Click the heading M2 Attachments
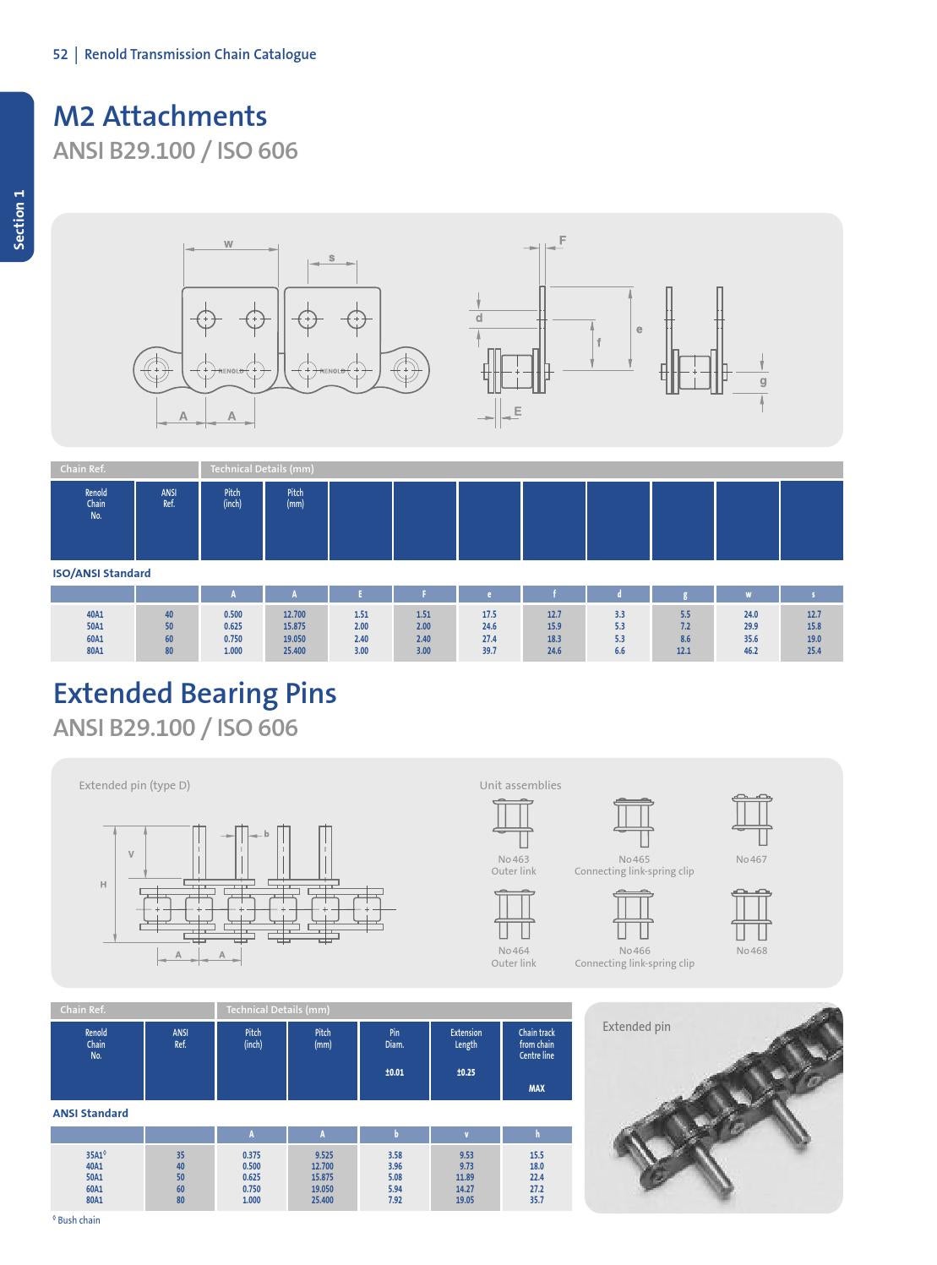tap(160, 117)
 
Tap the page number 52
tap(60, 55)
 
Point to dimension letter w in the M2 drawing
tap(229, 244)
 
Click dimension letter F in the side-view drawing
tap(563, 241)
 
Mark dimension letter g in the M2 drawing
tap(763, 381)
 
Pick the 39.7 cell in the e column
tap(489, 651)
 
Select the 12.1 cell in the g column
tap(684, 651)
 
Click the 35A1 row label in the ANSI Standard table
tap(95, 1155)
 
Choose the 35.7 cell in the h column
tap(537, 1200)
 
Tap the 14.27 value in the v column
tap(466, 1189)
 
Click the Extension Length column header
tap(466, 1039)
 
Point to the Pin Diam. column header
tap(395, 1039)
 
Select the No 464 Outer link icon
tap(514, 913)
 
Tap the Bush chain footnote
tap(78, 1220)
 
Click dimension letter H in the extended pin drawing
tap(104, 885)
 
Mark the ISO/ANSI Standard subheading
tap(101, 573)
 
